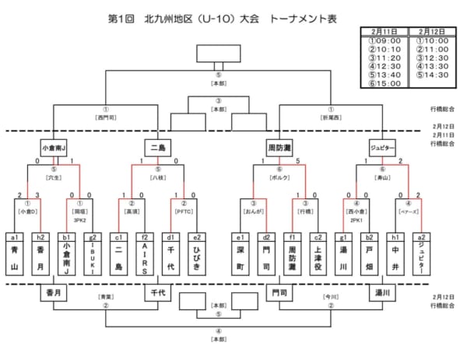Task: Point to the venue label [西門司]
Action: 106,118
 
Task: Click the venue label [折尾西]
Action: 332,118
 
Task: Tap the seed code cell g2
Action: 93,236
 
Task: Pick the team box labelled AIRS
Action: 145,258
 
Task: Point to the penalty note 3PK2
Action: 79,220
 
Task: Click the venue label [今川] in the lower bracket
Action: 332,297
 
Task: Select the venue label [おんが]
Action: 253,210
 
